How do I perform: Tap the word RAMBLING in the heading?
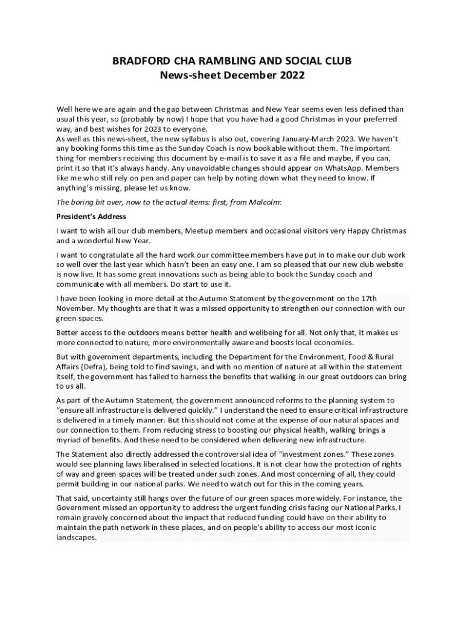pos(222,62)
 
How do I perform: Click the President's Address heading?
pos(91,216)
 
